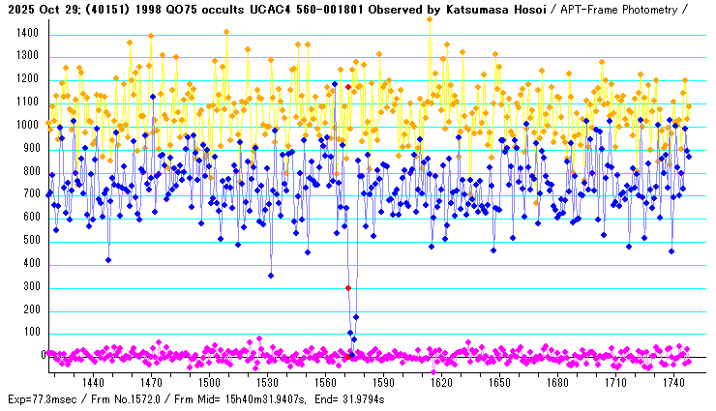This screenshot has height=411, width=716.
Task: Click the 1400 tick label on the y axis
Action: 25,33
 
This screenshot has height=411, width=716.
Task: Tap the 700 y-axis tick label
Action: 28,194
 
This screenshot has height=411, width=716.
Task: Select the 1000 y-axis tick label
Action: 25,125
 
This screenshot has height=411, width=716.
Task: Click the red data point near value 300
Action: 348,288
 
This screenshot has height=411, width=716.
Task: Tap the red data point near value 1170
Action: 348,87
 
